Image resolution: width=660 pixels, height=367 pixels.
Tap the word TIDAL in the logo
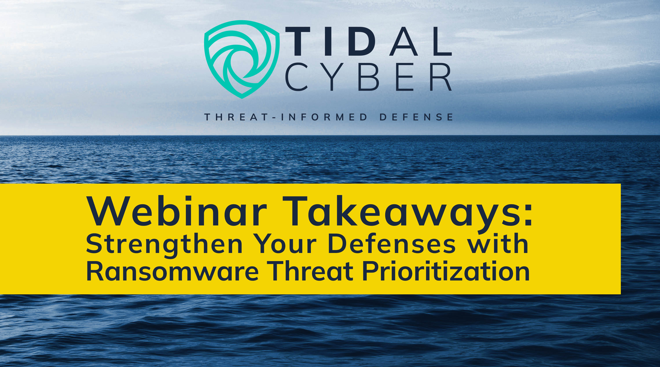369,41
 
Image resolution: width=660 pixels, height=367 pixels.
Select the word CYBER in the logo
368,77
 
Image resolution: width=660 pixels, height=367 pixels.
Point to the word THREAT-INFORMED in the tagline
286,117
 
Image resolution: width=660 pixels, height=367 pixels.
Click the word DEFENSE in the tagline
416,117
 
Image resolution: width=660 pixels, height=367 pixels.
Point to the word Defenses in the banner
392,244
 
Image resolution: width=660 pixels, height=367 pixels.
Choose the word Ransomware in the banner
172,272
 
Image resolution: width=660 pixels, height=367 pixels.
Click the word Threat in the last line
312,271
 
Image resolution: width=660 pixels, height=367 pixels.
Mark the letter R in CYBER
441,77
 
